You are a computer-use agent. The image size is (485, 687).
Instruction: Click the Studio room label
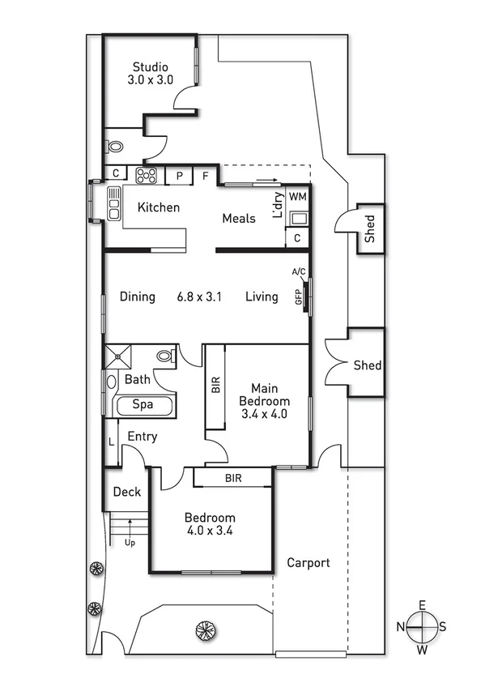[150, 67]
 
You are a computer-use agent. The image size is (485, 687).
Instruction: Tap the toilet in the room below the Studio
[114, 147]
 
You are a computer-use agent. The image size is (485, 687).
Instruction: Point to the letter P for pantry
[179, 174]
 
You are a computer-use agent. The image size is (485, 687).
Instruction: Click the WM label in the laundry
[297, 196]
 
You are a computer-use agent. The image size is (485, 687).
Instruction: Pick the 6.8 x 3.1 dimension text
[200, 297]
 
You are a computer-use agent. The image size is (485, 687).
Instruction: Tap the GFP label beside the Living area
[299, 297]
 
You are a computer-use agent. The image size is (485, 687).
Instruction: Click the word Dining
[137, 297]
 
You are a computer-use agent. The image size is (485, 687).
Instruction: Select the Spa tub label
[144, 404]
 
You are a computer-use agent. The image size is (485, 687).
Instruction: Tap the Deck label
[126, 492]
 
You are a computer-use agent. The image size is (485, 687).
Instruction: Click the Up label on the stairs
[130, 542]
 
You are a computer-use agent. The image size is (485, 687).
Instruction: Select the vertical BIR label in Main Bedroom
[215, 384]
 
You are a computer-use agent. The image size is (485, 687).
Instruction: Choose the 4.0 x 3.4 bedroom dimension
[210, 532]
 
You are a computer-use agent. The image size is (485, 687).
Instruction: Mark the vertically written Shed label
[369, 229]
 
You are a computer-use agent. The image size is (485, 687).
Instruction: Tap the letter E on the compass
[422, 605]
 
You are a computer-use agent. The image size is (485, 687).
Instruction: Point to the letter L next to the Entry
[111, 442]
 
